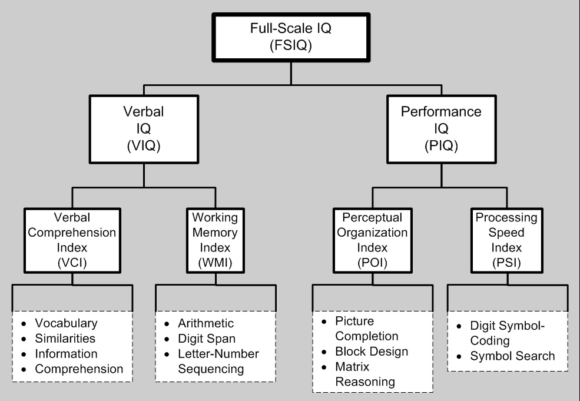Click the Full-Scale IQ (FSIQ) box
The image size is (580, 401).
[x=291, y=37]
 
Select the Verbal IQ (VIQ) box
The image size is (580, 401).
[x=144, y=129]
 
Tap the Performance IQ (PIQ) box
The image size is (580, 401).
[x=441, y=129]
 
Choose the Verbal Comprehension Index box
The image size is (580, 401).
[x=72, y=240]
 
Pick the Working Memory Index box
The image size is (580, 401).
[x=216, y=240]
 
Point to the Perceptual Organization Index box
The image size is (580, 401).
[x=373, y=240]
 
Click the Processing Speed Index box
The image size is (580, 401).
[x=507, y=240]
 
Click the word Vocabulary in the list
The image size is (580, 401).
[x=66, y=323]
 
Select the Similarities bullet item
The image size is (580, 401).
[x=65, y=339]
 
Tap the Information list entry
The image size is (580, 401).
[x=66, y=354]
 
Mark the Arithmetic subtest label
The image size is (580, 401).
[x=206, y=323]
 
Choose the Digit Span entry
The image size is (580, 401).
[x=207, y=339]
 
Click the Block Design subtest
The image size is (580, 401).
[x=372, y=352]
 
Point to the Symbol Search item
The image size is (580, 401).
[x=512, y=356]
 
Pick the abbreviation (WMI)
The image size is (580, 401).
[x=216, y=263]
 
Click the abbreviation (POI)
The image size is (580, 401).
[x=373, y=263]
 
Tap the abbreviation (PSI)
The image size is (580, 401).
[x=507, y=263]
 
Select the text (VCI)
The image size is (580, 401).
[x=72, y=263]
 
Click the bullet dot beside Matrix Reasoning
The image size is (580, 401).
[x=324, y=367]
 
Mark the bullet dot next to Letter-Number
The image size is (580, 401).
[x=167, y=354]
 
